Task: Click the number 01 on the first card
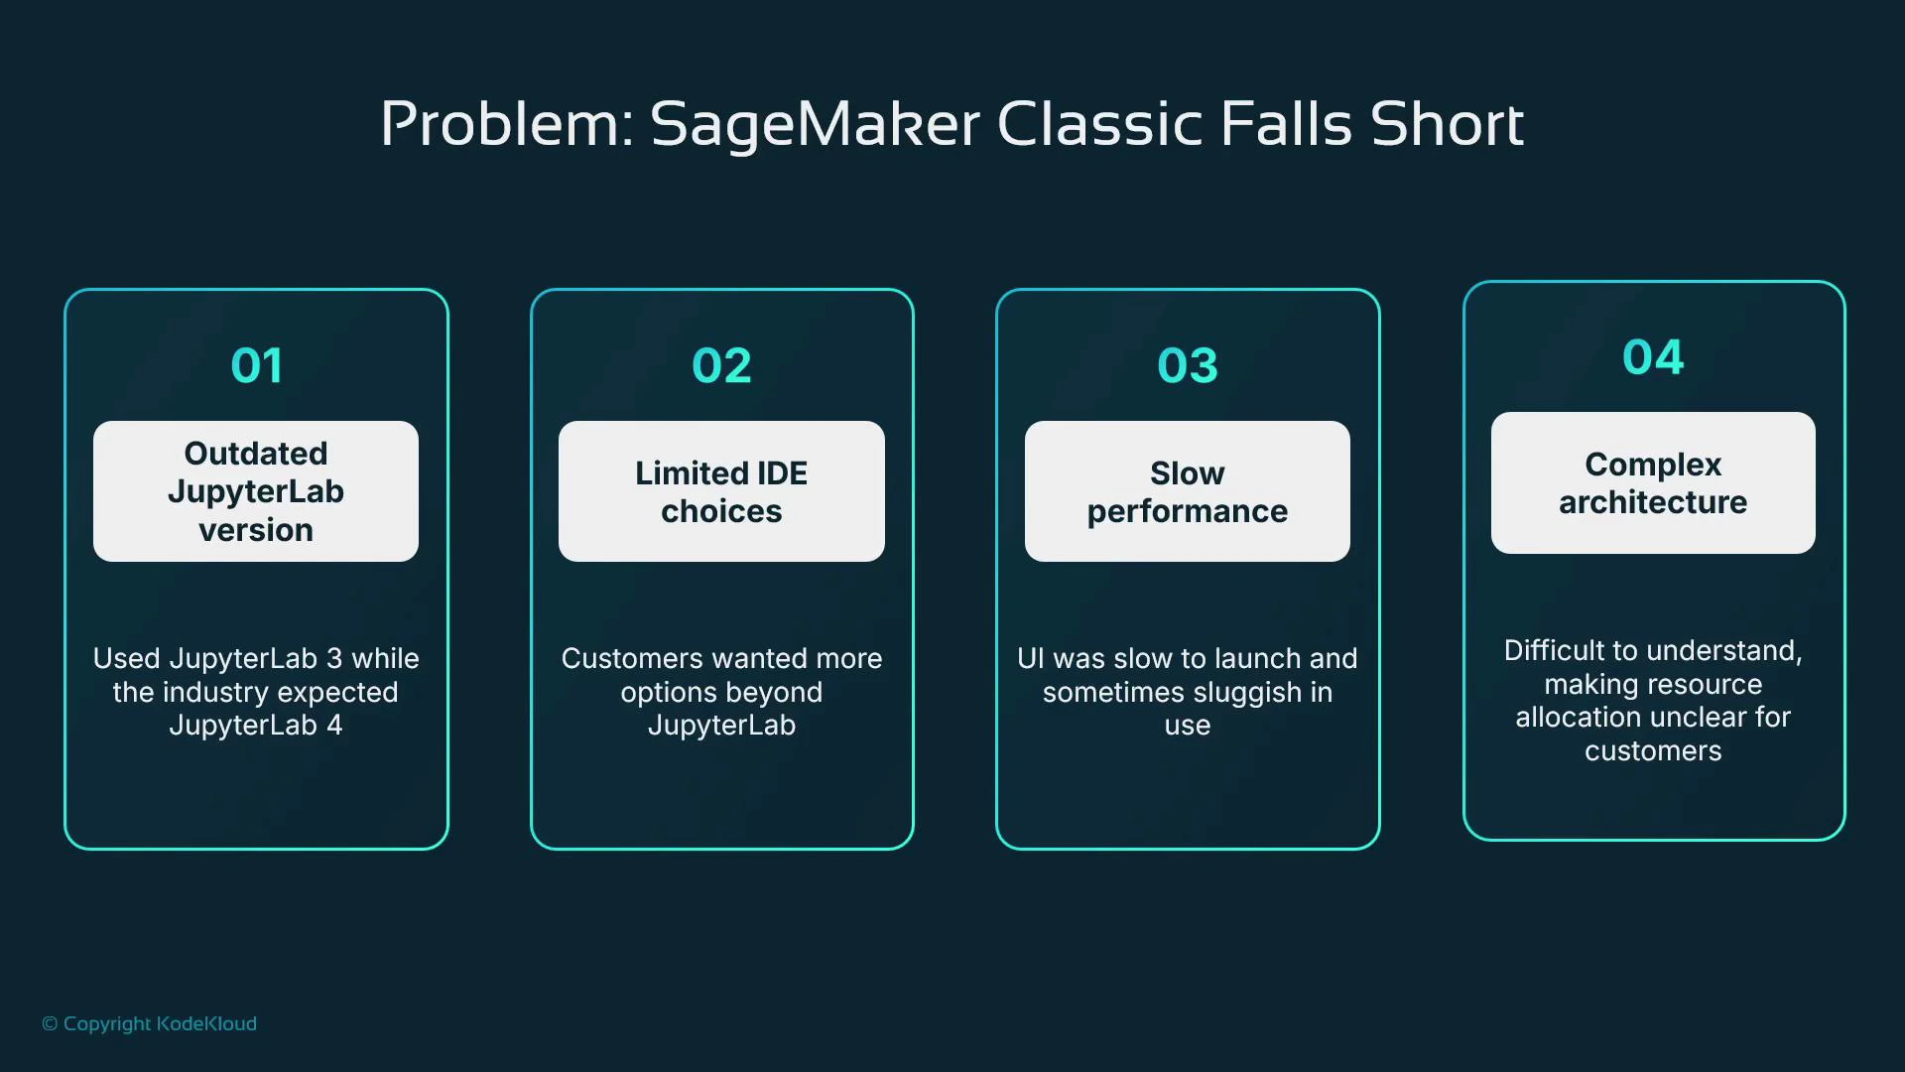coord(256,365)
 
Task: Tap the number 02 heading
coord(721,365)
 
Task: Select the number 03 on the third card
coord(1187,365)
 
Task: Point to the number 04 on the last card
coord(1653,357)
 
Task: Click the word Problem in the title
coord(506,125)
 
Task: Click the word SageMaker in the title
coord(815,125)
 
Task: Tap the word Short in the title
coord(1446,125)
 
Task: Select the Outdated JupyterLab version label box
coord(256,491)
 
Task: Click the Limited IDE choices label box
coord(721,491)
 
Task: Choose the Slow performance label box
coord(1187,491)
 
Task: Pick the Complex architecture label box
coord(1653,483)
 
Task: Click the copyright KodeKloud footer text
coord(150,1023)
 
